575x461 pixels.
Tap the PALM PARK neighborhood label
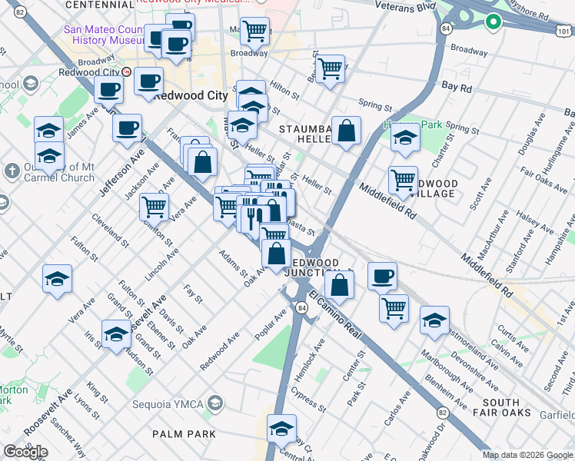(183, 434)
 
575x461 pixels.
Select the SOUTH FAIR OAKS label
(513, 409)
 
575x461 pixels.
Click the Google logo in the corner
(25, 452)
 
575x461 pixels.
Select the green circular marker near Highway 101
(493, 23)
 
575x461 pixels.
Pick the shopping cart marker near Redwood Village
(403, 181)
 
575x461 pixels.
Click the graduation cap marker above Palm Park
(281, 428)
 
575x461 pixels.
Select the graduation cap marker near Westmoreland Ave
(434, 320)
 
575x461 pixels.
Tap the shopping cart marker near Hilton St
(330, 68)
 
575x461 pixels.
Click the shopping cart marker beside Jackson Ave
(154, 207)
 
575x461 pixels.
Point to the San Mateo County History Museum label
(104, 35)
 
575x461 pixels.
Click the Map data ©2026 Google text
(527, 455)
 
